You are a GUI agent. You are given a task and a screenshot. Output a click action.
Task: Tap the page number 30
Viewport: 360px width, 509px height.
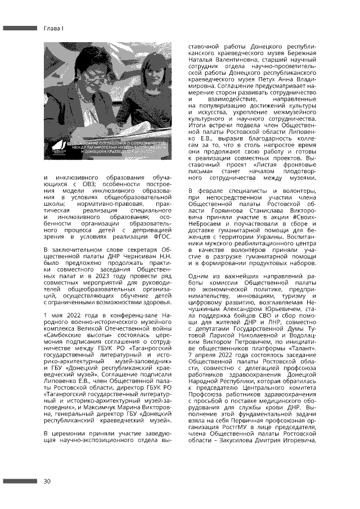(47, 481)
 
